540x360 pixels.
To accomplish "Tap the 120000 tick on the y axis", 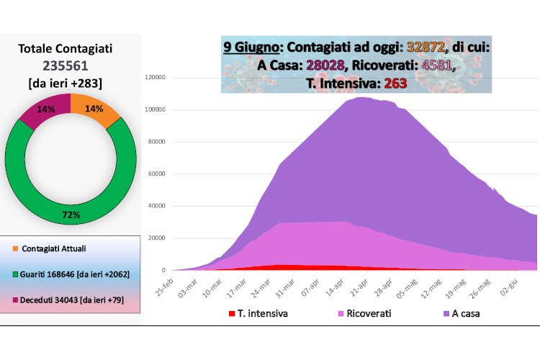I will [x=156, y=78].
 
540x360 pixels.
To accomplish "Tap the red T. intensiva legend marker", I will [x=231, y=313].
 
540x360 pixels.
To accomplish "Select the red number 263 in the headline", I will [x=395, y=83].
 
